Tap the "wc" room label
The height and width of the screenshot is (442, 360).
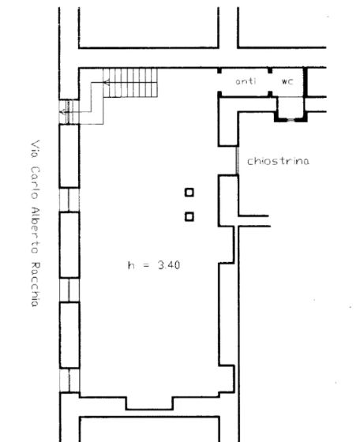click(x=286, y=82)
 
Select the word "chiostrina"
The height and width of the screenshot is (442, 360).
click(x=278, y=161)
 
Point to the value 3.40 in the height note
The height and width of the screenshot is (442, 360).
click(x=168, y=265)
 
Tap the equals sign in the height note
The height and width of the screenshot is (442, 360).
click(x=147, y=266)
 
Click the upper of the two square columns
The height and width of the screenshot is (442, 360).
click(x=189, y=192)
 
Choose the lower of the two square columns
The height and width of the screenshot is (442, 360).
click(x=189, y=216)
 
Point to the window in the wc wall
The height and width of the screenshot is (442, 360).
click(x=292, y=120)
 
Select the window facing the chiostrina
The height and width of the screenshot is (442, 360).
click(x=238, y=161)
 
